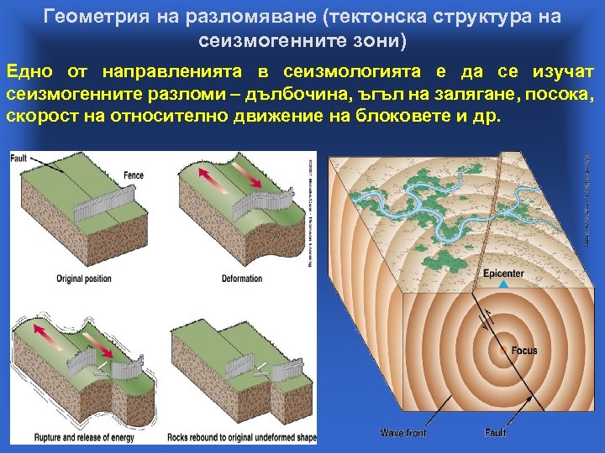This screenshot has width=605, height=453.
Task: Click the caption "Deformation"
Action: pos(237,279)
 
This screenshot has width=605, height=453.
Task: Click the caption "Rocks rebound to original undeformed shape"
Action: pos(247,438)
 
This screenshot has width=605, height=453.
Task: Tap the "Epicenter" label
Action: pos(503,273)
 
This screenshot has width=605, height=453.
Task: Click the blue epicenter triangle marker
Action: pos(503,286)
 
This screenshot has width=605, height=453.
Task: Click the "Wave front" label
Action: pos(403,433)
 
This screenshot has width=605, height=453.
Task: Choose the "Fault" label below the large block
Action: pos(495,433)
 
